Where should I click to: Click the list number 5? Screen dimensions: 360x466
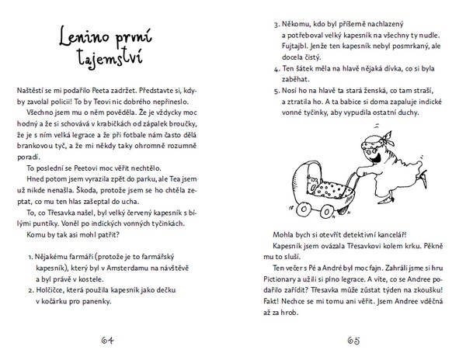277,89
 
